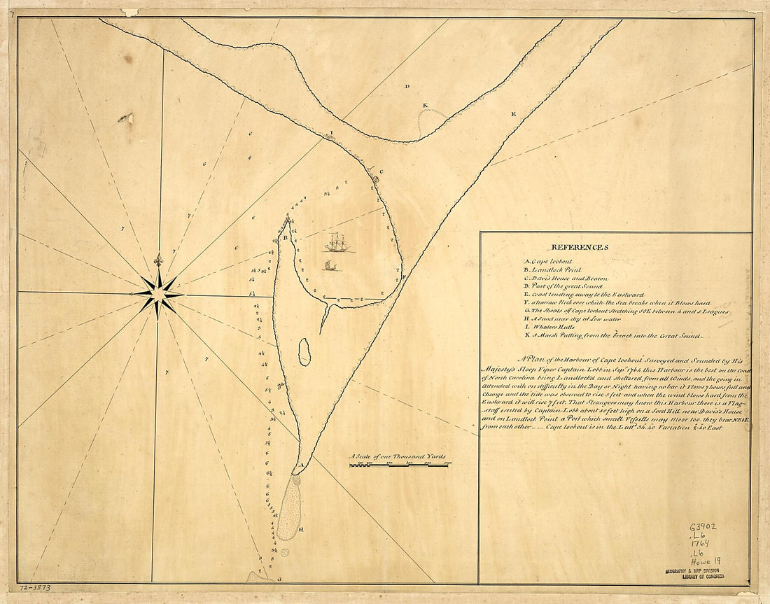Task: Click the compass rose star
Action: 158,293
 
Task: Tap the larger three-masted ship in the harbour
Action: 339,243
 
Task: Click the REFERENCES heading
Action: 580,247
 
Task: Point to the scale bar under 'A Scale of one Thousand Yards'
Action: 399,465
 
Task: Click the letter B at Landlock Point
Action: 286,238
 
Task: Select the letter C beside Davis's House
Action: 381,171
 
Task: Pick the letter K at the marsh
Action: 424,106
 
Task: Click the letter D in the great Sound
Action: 407,86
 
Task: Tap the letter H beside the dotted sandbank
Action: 301,529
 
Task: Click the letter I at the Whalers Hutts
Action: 332,132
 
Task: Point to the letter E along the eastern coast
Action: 513,113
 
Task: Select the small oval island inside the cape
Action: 304,352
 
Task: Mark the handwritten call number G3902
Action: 702,528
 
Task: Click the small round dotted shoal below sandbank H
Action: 284,552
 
